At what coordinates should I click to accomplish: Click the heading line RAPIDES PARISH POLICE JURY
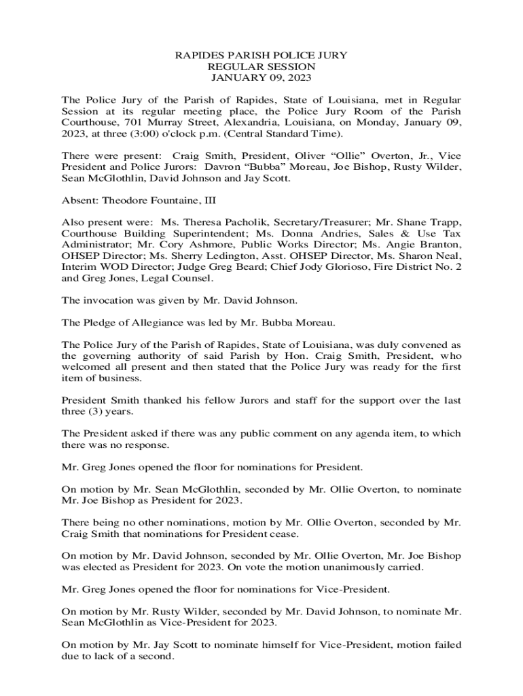(261, 55)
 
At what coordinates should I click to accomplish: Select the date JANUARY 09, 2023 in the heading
(261, 80)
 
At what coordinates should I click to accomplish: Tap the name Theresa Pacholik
(223, 223)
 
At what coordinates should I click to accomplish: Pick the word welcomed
(86, 367)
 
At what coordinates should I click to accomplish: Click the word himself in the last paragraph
(245, 644)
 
